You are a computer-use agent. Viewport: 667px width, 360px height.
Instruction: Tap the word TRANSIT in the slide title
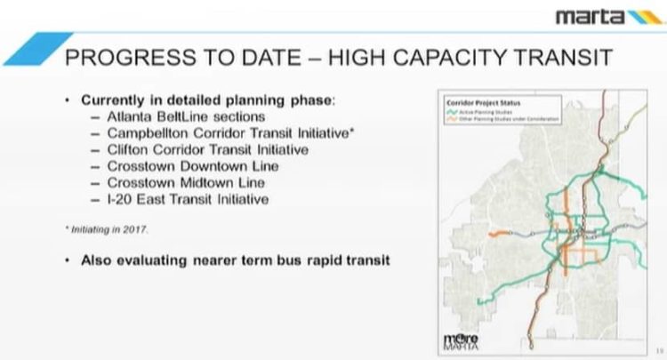click(559, 59)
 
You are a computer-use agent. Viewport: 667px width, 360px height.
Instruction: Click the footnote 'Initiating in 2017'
click(106, 228)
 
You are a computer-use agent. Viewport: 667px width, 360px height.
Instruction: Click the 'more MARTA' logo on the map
click(461, 340)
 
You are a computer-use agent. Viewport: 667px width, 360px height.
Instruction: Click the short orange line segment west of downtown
click(499, 232)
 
